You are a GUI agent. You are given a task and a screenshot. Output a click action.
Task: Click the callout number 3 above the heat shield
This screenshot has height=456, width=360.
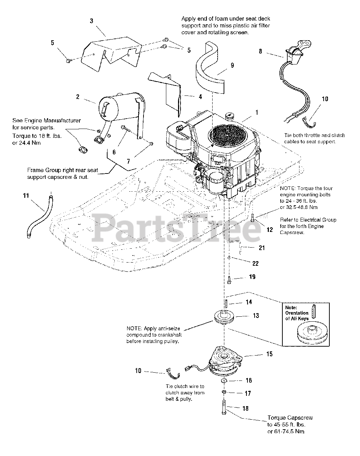92,21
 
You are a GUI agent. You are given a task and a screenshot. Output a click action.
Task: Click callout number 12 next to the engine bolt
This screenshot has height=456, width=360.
270,230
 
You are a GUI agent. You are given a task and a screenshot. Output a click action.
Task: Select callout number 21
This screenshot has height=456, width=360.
262,248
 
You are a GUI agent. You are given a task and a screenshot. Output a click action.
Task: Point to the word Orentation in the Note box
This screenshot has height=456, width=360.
297,313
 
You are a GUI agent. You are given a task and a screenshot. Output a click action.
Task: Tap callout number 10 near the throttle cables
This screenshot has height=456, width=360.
325,99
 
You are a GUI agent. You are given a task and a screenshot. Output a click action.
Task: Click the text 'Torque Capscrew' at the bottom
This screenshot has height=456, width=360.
290,418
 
